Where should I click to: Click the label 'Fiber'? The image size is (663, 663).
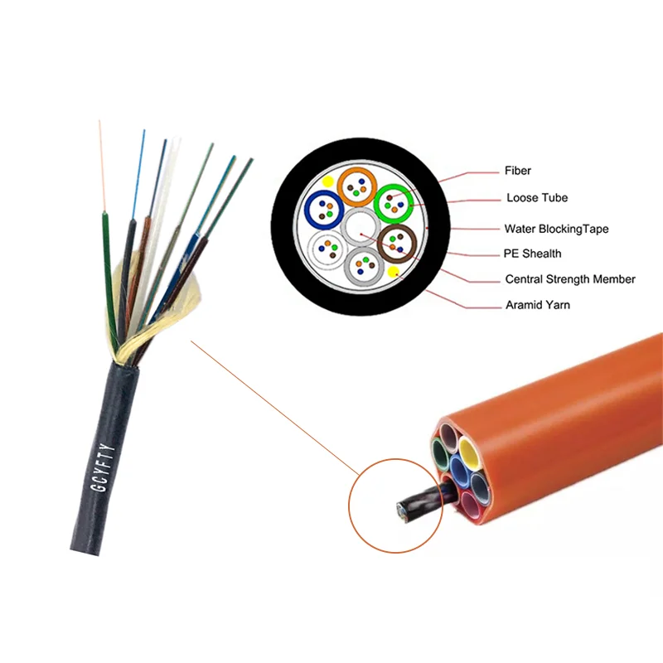tap(518, 171)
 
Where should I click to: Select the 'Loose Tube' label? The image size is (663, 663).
tap(537, 198)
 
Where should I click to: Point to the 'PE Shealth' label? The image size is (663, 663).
tap(533, 254)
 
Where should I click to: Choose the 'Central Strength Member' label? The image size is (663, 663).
tap(570, 279)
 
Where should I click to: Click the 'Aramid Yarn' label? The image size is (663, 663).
tap(537, 305)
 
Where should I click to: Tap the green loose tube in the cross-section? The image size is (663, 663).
tap(394, 202)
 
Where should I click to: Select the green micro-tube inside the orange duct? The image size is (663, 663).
tap(439, 453)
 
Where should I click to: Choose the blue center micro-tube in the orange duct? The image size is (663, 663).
tap(458, 472)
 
